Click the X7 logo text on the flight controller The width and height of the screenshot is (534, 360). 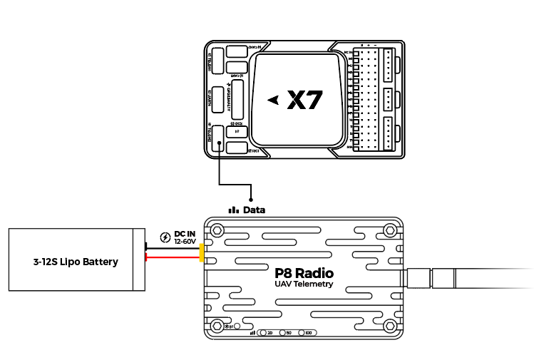point(305,101)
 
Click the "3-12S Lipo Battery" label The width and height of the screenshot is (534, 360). point(76,261)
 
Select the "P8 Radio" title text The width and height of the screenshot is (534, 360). point(304,272)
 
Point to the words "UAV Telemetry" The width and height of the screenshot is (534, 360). point(304,284)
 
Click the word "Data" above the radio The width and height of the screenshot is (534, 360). point(254,210)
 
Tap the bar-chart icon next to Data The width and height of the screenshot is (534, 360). point(233,210)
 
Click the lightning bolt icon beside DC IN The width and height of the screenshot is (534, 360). point(165,237)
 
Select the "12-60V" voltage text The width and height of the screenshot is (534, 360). point(185,242)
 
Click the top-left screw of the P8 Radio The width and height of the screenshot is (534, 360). point(216,230)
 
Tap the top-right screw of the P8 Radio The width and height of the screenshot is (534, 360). point(390,230)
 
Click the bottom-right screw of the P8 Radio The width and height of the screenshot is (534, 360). point(390,326)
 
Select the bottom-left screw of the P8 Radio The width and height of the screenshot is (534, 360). point(216,326)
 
